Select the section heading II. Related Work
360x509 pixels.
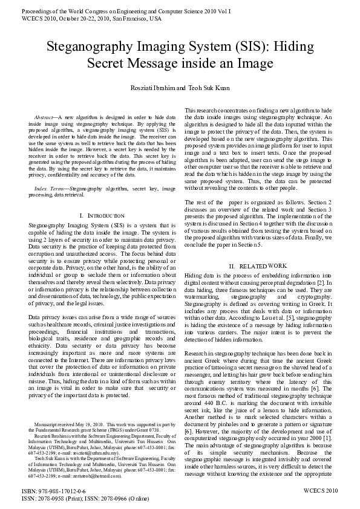[x=257, y=266]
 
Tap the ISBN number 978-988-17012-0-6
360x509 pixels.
[x=61, y=493]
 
